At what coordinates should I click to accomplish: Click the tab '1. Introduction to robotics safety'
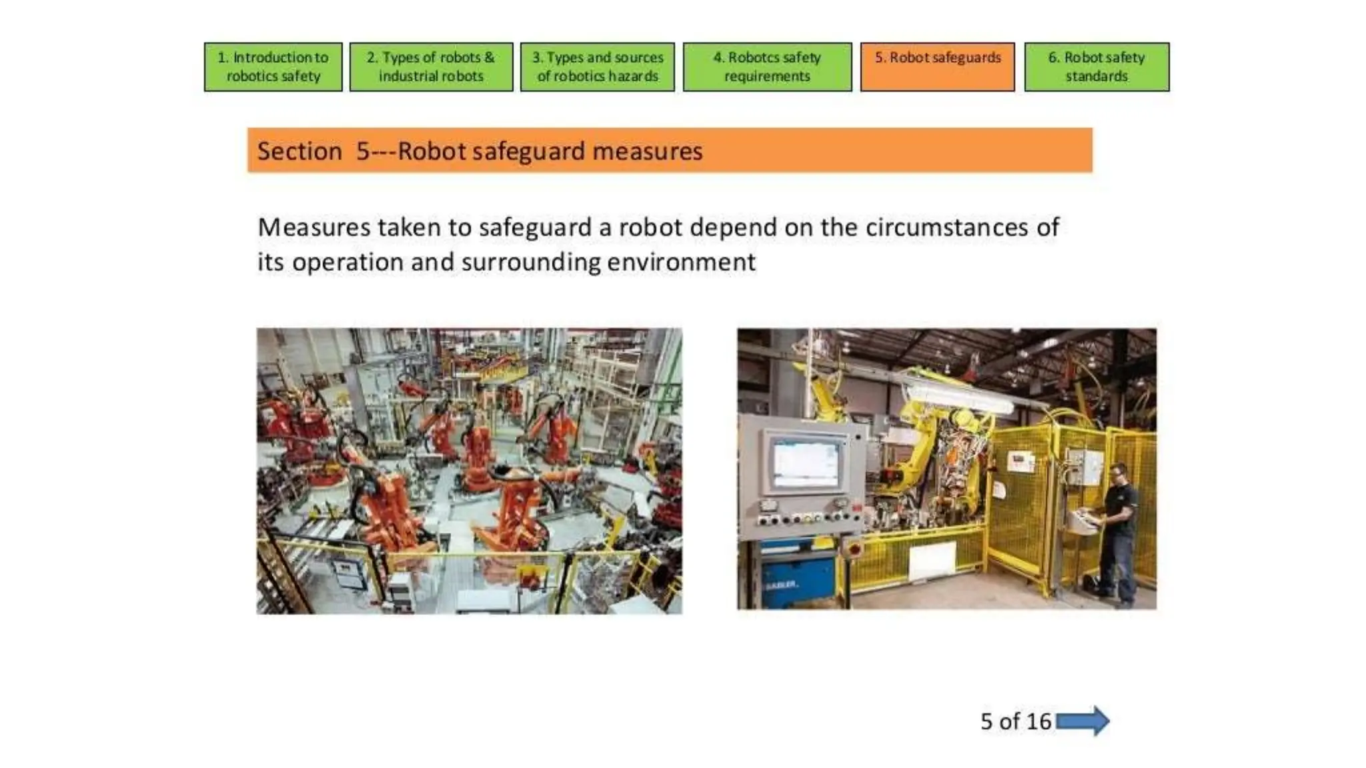273,67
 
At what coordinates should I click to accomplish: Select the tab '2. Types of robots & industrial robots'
431,67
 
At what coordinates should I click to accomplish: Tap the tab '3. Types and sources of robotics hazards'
597,67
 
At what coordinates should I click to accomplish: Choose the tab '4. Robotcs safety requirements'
767,67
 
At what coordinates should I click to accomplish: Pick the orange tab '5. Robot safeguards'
937,67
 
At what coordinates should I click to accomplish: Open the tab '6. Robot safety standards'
1097,67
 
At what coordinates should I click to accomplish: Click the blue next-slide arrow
1083,721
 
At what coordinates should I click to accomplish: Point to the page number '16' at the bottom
1039,721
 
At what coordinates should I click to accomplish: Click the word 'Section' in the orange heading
299,151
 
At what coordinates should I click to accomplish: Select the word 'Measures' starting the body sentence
313,227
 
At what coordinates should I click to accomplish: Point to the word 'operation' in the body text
348,262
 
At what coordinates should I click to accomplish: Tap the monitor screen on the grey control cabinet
806,463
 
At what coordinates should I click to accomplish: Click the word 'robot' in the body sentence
650,227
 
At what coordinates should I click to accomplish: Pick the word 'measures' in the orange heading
647,151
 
